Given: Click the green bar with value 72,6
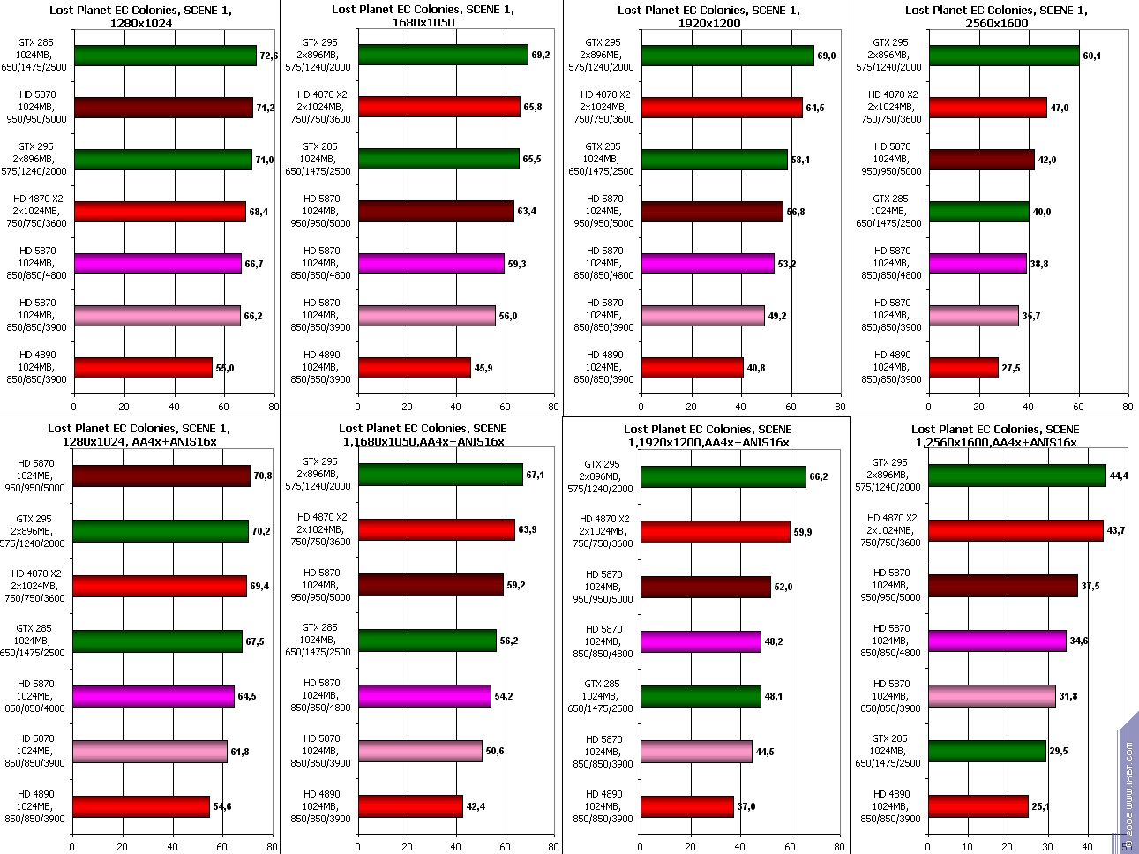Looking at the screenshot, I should [x=165, y=56].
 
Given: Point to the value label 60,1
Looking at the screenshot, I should [x=1091, y=56].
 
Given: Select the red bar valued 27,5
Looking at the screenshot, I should [x=963, y=368].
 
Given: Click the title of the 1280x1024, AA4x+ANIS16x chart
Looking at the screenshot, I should [x=139, y=435].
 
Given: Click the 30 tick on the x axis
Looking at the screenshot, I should [x=1048, y=847].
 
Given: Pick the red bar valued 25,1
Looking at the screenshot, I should [x=978, y=806].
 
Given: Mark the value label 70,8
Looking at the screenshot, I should [x=262, y=476].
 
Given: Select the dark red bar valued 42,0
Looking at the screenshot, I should [x=982, y=160].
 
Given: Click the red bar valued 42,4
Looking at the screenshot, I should [x=410, y=806].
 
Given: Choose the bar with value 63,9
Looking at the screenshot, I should [x=436, y=529].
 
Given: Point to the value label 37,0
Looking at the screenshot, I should [x=746, y=806].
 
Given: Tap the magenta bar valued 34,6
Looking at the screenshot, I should [x=997, y=640].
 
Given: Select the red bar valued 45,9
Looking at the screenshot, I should [x=415, y=368].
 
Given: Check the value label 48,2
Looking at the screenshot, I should [x=773, y=641].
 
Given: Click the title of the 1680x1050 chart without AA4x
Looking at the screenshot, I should [x=423, y=17].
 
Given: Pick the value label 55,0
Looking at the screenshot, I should [x=225, y=368].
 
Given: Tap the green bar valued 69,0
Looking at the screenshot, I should [x=728, y=56].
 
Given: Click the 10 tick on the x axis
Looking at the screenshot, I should [x=969, y=847].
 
